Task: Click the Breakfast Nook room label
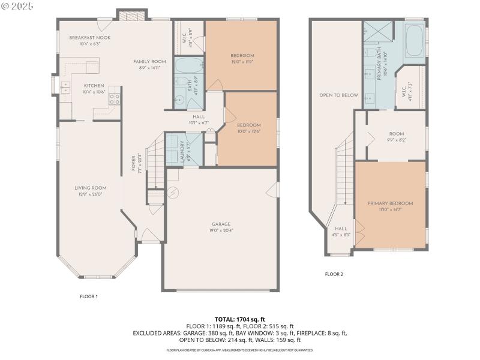(x=89, y=37)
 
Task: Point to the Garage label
(x=221, y=224)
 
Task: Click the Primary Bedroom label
(x=390, y=203)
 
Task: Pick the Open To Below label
(x=338, y=95)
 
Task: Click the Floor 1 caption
(x=89, y=296)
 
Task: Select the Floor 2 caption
(x=334, y=274)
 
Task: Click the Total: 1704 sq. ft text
(x=240, y=319)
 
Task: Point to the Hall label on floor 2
(x=340, y=229)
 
